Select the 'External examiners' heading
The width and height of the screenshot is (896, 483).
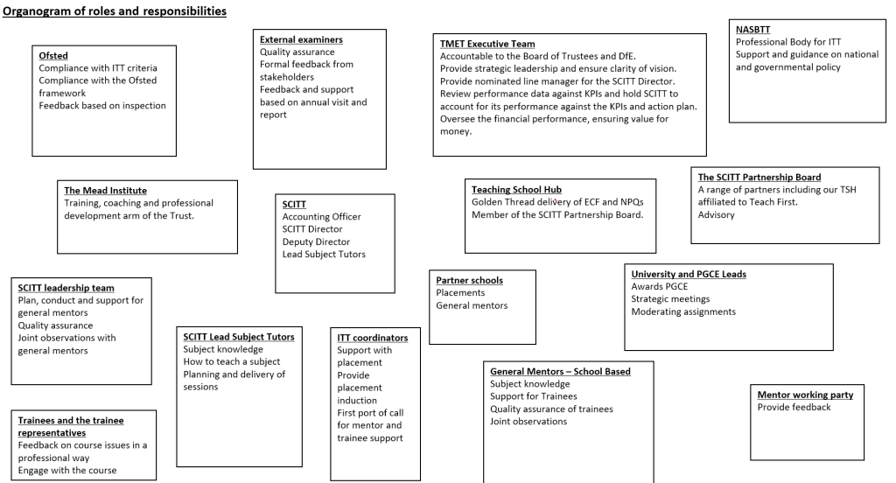[301, 39]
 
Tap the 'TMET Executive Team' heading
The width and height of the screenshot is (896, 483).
[487, 44]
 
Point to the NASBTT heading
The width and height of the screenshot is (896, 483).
[753, 29]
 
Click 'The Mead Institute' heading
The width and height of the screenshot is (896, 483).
[105, 190]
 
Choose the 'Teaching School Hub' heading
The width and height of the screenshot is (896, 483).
[516, 189]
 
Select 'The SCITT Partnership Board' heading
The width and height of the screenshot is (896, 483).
[759, 177]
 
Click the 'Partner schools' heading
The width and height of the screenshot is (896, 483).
[469, 280]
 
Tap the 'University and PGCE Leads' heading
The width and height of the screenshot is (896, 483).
[688, 274]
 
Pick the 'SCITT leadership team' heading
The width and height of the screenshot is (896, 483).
[66, 287]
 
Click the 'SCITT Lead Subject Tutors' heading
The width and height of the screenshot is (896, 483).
[239, 336]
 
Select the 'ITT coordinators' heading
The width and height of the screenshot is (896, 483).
[372, 337]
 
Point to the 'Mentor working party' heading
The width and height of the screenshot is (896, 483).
[805, 395]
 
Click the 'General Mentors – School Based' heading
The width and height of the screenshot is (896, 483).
[560, 371]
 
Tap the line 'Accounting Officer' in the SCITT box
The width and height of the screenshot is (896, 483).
[321, 216]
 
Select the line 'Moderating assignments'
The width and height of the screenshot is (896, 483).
[683, 311]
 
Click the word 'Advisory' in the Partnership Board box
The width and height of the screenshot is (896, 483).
[716, 214]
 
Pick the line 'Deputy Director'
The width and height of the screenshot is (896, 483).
[316, 241]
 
